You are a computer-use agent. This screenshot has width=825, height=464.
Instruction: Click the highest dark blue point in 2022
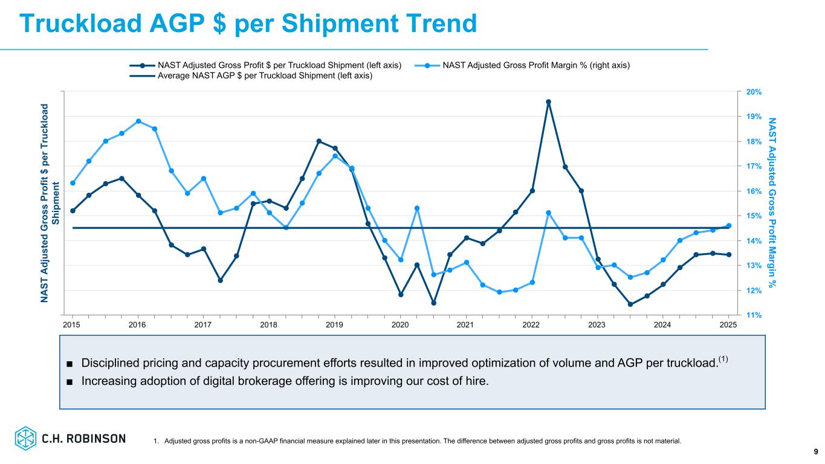548,102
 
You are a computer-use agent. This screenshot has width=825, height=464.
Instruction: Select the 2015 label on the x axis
72,325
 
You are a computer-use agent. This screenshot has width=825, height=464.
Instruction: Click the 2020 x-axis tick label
400,325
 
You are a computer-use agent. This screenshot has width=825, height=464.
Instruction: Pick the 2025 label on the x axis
728,325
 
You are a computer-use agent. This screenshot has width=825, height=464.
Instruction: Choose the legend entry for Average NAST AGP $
265,76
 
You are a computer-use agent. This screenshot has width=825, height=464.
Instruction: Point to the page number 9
815,451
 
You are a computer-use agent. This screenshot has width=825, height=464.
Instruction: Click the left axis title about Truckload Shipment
50,203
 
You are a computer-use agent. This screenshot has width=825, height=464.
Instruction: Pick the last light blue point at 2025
728,226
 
